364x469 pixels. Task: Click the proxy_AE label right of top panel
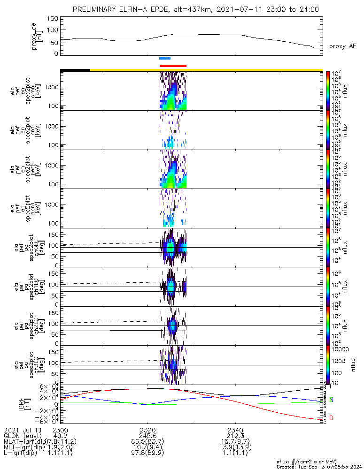pyautogui.click(x=342, y=46)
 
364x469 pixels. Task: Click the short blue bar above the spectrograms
pyautogui.click(x=165, y=59)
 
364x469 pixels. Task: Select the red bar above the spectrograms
pyautogui.click(x=173, y=66)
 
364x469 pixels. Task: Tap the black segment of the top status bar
pyautogui.click(x=75, y=70)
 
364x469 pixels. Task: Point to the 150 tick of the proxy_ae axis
pyautogui.click(x=53, y=19)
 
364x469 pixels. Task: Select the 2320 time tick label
pyautogui.click(x=147, y=430)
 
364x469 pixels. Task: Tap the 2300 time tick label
pyautogui.click(x=60, y=430)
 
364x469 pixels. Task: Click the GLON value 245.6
pyautogui.click(x=147, y=436)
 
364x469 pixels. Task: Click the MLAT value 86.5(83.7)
pyautogui.click(x=147, y=442)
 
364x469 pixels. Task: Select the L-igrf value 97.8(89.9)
pyautogui.click(x=147, y=454)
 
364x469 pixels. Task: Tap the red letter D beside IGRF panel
pyautogui.click(x=332, y=418)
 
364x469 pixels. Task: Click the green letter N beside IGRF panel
pyautogui.click(x=332, y=400)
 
